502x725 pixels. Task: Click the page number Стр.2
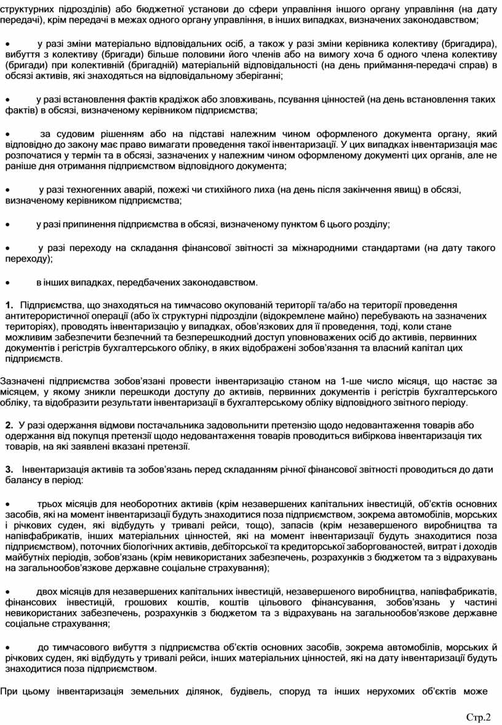pyautogui.click(x=479, y=717)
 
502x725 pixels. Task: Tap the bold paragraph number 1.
pyautogui.click(x=9, y=305)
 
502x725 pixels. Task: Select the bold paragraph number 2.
pyautogui.click(x=9, y=426)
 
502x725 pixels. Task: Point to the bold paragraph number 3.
pyautogui.click(x=9, y=470)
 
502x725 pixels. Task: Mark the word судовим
pyautogui.click(x=90, y=134)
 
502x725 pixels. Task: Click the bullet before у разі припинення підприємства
pyautogui.click(x=7, y=225)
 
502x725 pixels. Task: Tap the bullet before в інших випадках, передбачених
pyautogui.click(x=7, y=283)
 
